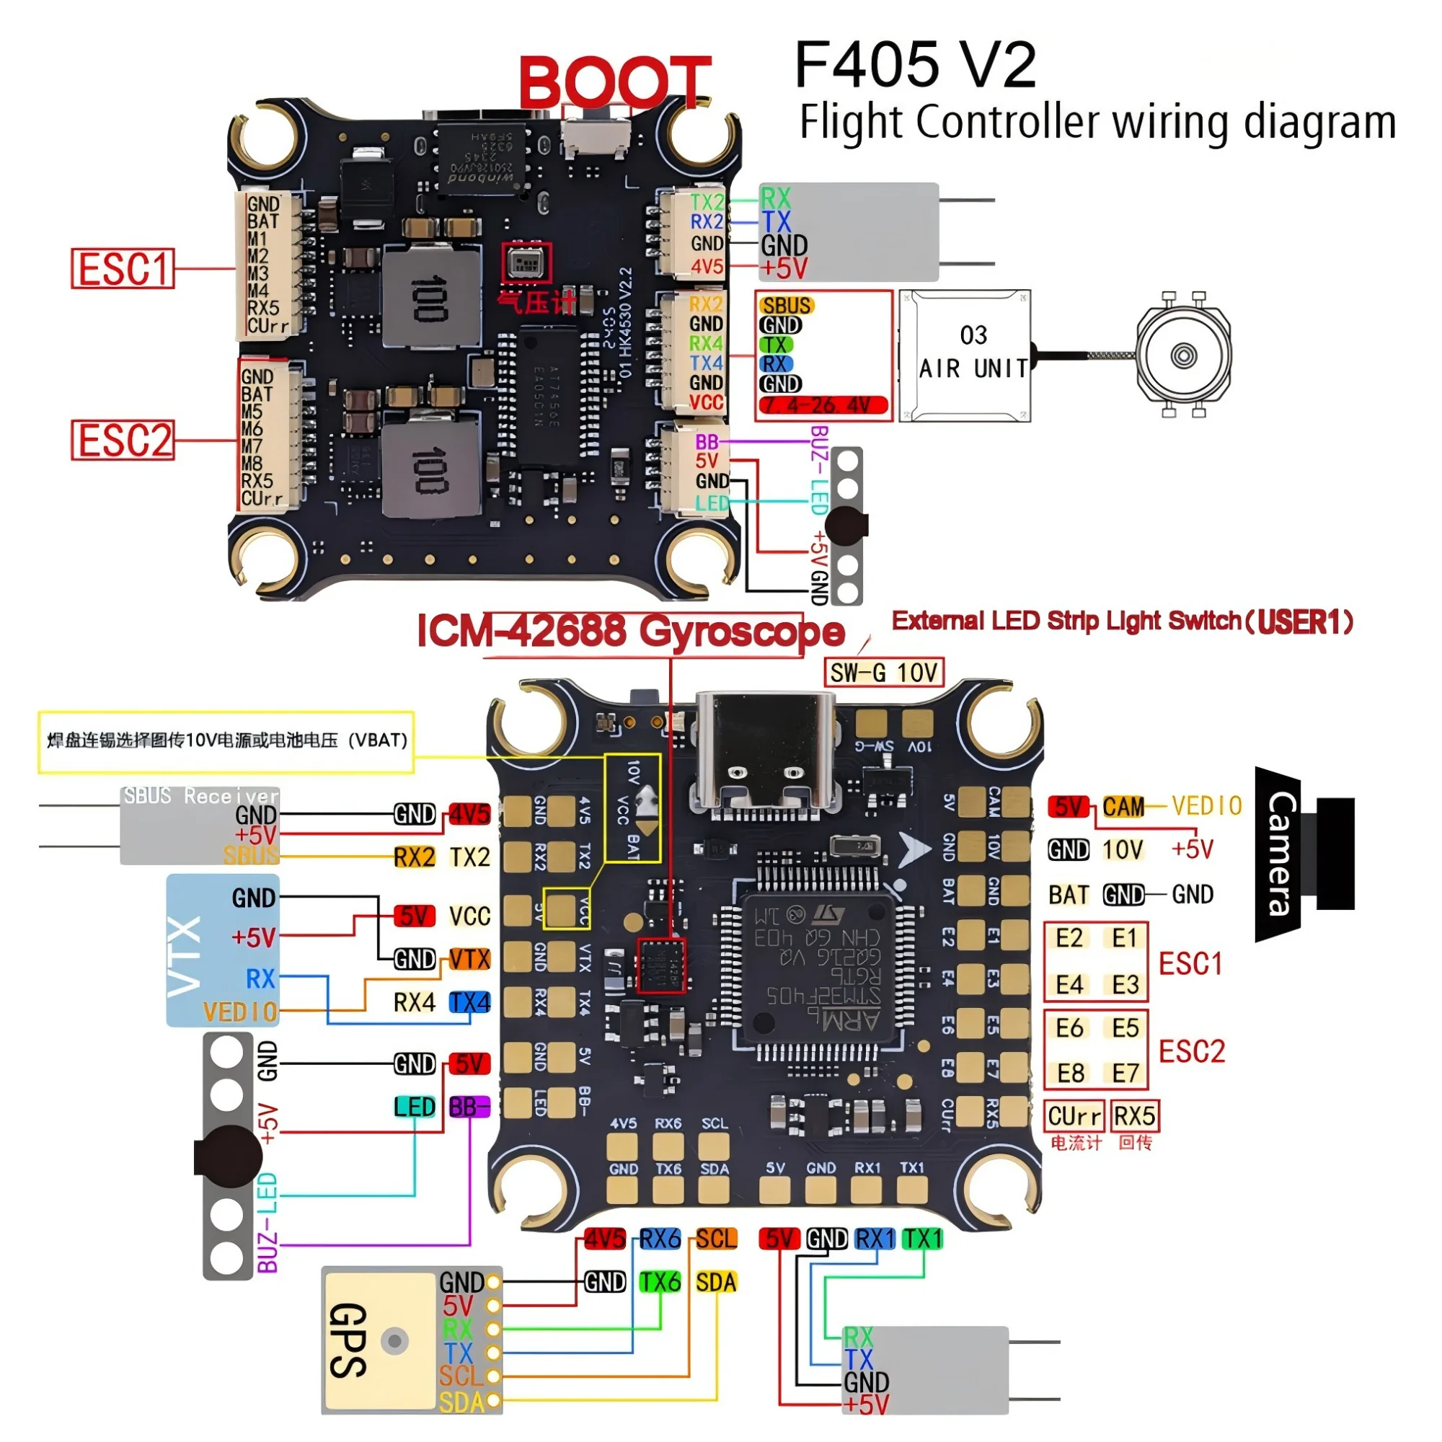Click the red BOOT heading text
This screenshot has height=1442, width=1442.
(x=614, y=81)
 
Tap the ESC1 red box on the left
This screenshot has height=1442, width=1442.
(x=123, y=269)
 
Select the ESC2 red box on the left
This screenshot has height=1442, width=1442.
(x=123, y=441)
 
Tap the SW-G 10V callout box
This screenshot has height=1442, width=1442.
(x=884, y=673)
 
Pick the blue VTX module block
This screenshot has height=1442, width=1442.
(x=221, y=950)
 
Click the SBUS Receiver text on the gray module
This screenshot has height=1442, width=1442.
(x=200, y=796)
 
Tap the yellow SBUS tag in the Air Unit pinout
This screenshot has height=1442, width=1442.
(x=787, y=305)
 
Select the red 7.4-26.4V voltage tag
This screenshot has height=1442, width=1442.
(x=823, y=405)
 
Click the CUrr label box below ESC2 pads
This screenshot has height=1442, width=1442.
(x=1074, y=1116)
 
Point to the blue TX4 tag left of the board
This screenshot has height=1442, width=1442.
(x=469, y=1002)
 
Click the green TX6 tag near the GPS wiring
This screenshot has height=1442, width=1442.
(x=660, y=1282)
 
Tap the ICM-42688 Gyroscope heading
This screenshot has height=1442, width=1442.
(x=631, y=632)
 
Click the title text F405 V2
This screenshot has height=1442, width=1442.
(x=915, y=66)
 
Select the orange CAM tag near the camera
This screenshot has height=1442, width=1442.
(x=1123, y=807)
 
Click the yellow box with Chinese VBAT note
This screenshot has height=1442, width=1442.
(x=226, y=741)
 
